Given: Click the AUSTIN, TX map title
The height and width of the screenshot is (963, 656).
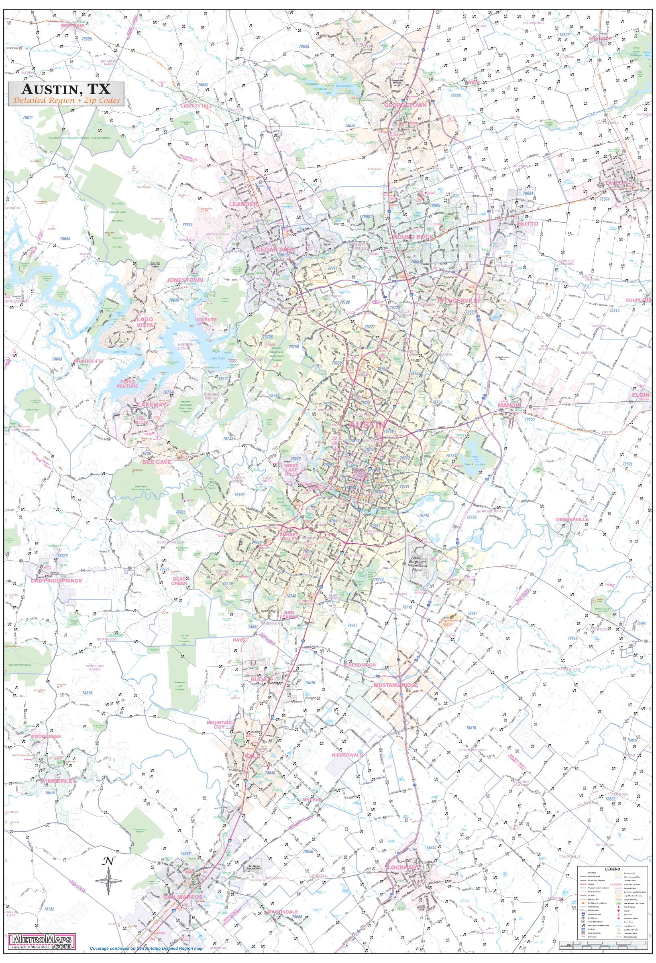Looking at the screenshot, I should click(x=66, y=89).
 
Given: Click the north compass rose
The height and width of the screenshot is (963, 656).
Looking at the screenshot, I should click(x=109, y=878).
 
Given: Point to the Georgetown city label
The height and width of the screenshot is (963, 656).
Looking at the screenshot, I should click(x=405, y=105).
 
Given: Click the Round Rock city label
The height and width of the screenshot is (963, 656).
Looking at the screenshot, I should click(x=413, y=237).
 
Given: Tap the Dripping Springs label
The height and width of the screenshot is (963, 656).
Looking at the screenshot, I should click(x=56, y=581).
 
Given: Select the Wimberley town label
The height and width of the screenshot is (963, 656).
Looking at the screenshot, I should click(x=59, y=781).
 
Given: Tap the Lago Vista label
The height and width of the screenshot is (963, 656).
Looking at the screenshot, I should click(x=145, y=322).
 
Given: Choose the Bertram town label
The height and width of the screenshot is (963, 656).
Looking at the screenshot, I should click(x=72, y=26).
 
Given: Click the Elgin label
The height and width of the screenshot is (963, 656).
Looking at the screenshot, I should click(x=640, y=395).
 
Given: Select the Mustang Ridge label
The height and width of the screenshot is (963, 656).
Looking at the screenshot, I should click(x=396, y=685).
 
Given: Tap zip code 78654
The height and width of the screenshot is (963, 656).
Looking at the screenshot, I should click(x=65, y=239).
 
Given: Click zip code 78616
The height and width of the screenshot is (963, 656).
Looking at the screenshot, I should click(x=471, y=727).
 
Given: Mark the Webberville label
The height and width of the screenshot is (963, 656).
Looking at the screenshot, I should click(x=572, y=519).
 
